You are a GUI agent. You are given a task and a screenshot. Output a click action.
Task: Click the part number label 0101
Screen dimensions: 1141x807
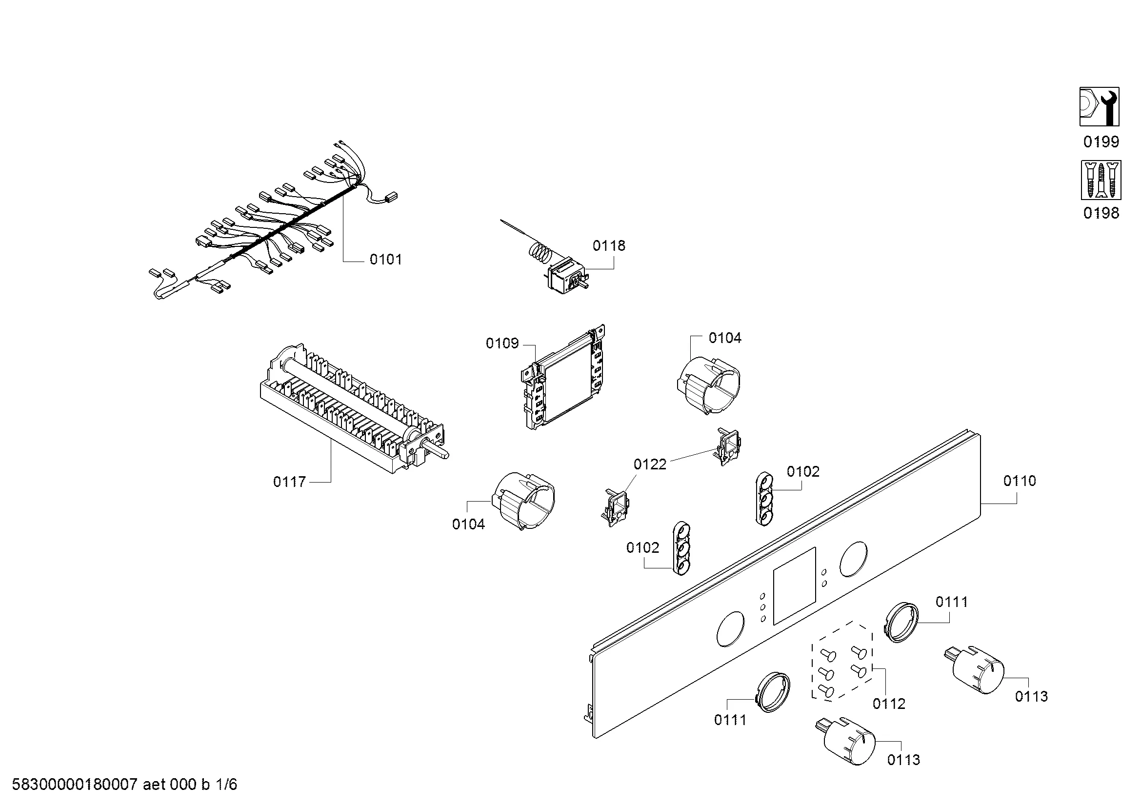(x=386, y=260)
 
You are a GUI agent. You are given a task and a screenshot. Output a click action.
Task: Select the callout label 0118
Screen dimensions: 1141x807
(x=609, y=245)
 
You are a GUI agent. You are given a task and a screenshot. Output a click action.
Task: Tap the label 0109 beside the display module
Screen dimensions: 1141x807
(x=502, y=343)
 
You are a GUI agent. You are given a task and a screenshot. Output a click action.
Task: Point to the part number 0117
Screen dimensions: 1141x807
(x=289, y=482)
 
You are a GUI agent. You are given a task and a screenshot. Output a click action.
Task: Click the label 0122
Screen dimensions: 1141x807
(x=649, y=464)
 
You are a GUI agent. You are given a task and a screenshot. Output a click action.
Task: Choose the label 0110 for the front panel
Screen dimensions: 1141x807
(x=1019, y=481)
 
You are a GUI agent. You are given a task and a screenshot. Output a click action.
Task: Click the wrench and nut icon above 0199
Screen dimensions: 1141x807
(x=1099, y=107)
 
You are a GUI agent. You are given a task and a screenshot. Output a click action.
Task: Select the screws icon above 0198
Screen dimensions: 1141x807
(x=1101, y=180)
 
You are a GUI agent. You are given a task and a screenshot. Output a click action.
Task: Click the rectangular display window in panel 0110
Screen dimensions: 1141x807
(x=795, y=587)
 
